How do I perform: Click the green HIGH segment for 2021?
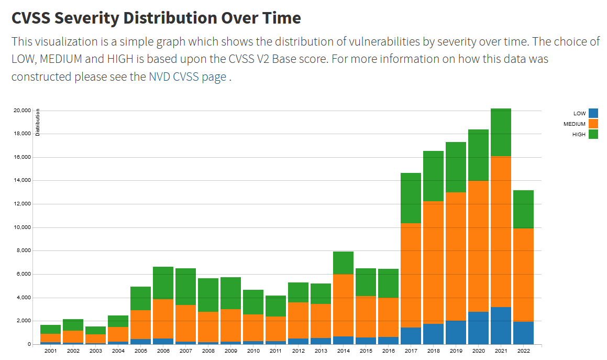[x=501, y=132]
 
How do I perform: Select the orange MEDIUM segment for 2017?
[x=411, y=276]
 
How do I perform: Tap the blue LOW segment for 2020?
[x=478, y=328]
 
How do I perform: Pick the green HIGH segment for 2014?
[x=343, y=263]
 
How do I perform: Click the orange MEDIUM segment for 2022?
[x=523, y=275]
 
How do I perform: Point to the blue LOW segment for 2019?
[x=456, y=332]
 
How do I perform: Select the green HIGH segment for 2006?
[x=163, y=283]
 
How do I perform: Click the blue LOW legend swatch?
[x=593, y=113]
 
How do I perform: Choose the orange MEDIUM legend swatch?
[x=593, y=124]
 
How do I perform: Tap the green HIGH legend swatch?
[x=593, y=134]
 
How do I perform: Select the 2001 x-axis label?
[x=50, y=350]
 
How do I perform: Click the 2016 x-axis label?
[x=388, y=350]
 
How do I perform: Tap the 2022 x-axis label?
[x=523, y=350]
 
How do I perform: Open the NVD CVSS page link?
[x=187, y=77]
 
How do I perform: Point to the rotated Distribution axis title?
[x=38, y=122]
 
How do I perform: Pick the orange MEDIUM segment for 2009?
[x=230, y=325]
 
